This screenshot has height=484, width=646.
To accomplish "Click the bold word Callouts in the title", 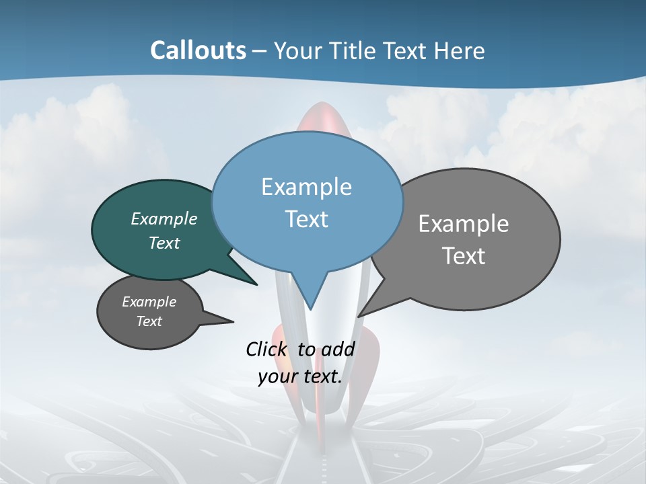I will [x=198, y=50].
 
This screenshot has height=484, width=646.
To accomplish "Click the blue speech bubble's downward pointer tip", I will [x=310, y=309].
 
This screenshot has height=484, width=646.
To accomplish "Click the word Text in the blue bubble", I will [x=306, y=218].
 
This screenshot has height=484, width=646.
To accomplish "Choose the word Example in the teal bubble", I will [x=164, y=218].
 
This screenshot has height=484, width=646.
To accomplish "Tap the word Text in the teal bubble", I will [x=164, y=243].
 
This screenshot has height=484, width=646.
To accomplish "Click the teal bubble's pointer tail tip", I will [x=256, y=284].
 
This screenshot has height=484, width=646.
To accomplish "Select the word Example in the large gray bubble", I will [x=464, y=224].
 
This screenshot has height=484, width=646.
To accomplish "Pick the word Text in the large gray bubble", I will [x=464, y=255].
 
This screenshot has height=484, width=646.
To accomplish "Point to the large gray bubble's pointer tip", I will [x=359, y=315].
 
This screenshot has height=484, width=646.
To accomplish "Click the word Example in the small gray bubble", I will [x=149, y=302].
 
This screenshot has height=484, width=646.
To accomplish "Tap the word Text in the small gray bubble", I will [x=149, y=321].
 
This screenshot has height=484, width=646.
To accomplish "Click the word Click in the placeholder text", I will [x=267, y=349].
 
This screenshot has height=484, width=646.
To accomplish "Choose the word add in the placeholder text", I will [x=338, y=349].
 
